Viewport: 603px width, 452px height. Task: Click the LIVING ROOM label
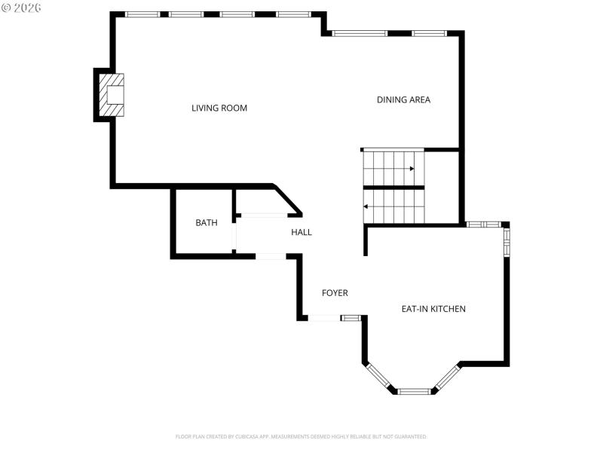tap(219, 108)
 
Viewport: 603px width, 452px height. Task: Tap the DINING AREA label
tap(403, 99)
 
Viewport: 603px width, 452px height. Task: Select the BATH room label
tap(206, 223)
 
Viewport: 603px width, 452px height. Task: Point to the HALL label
tap(301, 232)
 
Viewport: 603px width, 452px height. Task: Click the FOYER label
tap(335, 293)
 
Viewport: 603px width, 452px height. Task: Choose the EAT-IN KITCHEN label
tap(433, 309)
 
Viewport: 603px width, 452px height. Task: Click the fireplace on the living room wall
tap(112, 94)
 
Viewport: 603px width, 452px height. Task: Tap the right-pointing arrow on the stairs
tap(411, 169)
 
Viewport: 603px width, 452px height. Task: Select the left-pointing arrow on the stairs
tap(367, 206)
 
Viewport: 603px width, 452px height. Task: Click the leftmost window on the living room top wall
tap(142, 14)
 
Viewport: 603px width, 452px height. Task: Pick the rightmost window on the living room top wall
tap(293, 14)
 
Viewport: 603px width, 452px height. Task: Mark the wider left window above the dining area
tap(360, 33)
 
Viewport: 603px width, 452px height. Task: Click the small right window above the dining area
tap(429, 33)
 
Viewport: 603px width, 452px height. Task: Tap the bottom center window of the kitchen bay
tap(413, 392)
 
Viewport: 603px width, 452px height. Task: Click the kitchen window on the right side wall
tap(507, 242)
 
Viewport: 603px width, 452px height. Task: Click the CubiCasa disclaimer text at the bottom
tap(301, 436)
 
